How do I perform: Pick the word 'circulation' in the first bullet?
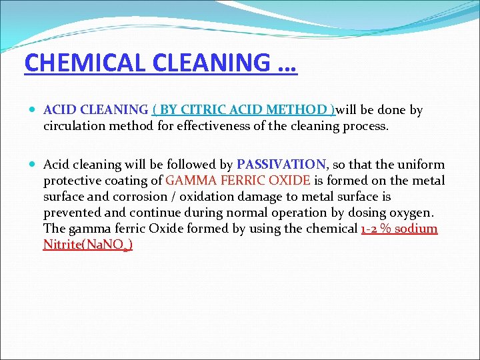tap(75, 126)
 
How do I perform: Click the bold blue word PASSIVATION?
tap(281, 165)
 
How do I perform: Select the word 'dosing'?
tap(366, 213)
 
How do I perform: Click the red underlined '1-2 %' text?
tap(378, 229)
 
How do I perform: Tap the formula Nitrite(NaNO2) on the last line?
tap(87, 245)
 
